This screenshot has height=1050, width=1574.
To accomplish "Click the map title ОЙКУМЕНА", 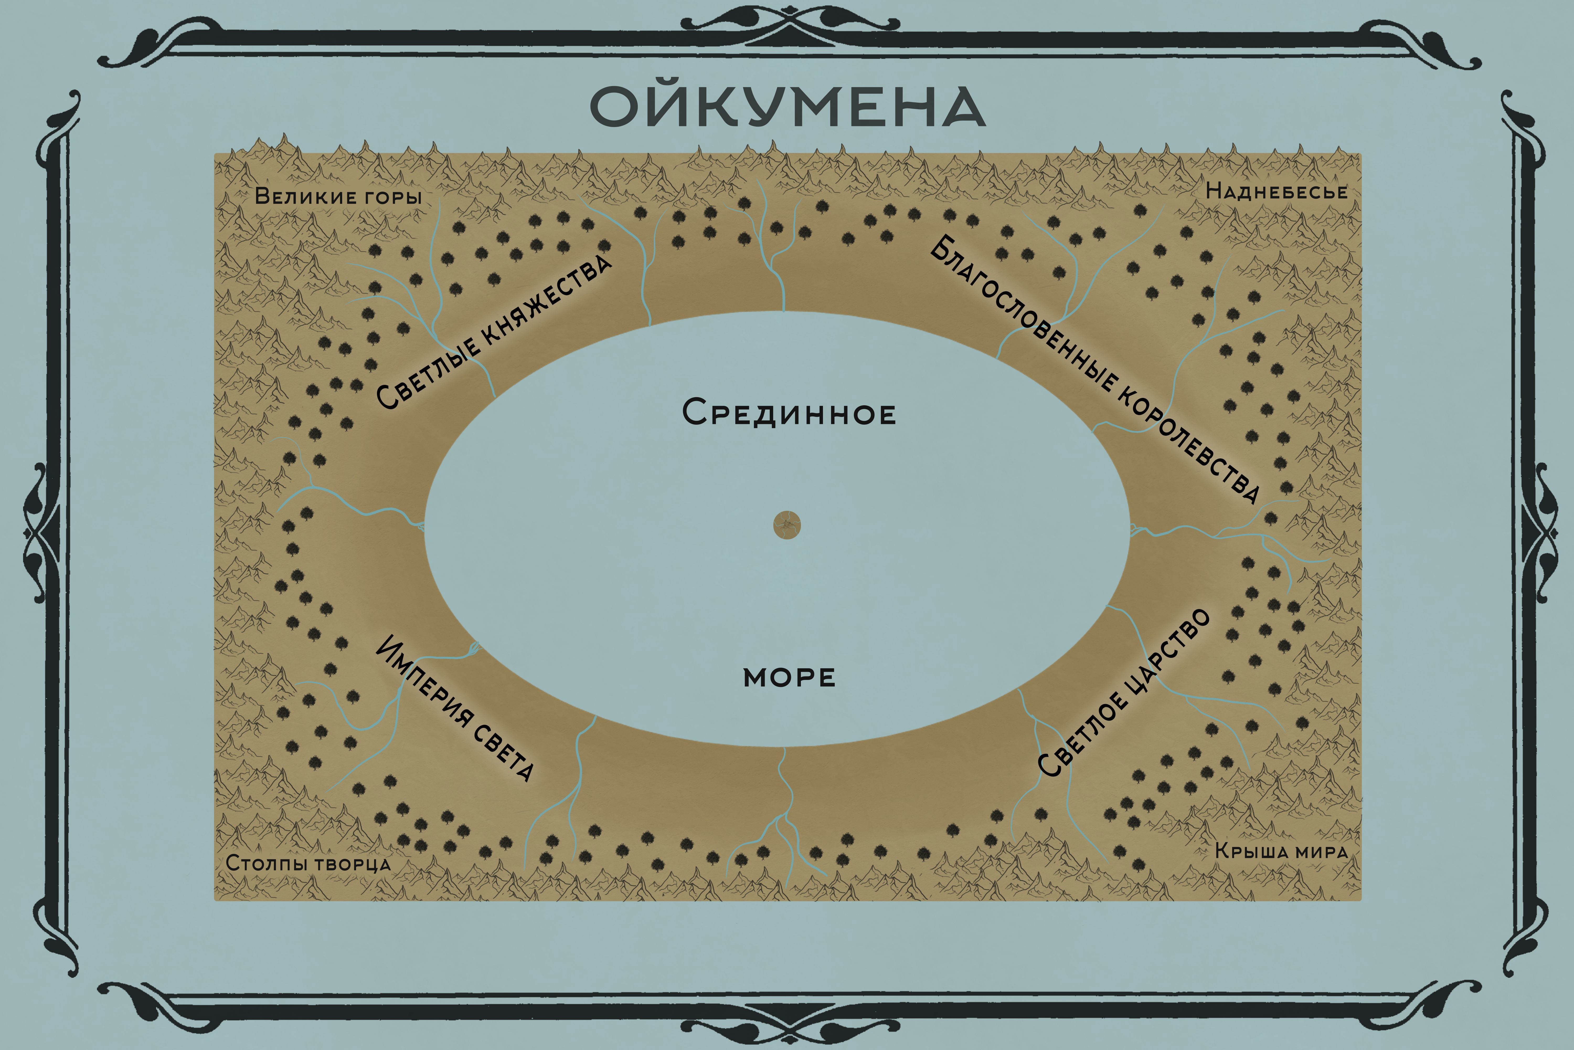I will point(788,107).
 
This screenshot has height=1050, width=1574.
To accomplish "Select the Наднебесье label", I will point(1276,192).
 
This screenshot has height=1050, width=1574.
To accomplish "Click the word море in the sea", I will point(789,678).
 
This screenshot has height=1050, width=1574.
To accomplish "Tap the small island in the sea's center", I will point(787,525).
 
